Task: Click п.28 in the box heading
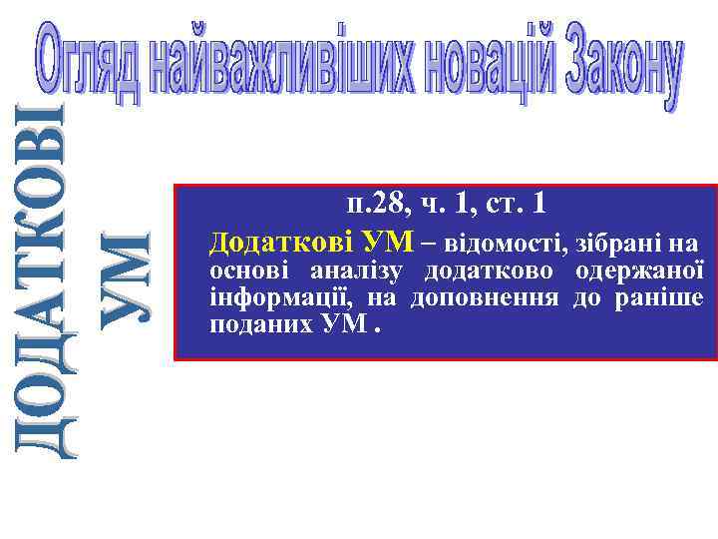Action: (x=373, y=205)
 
